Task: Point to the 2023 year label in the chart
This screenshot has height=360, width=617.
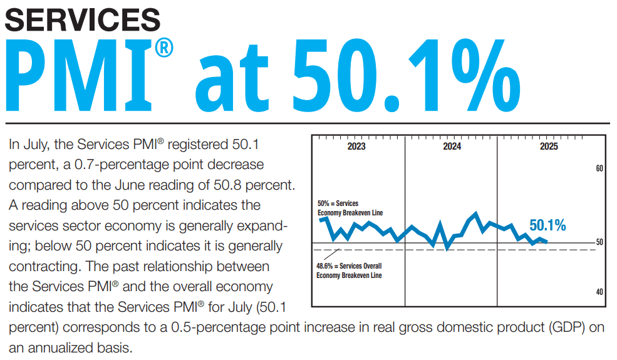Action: pos(356,147)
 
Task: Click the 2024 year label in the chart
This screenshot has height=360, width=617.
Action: pos(452,147)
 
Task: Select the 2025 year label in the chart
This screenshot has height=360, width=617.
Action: pos(549,147)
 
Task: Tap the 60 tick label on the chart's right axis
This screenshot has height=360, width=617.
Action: pos(599,168)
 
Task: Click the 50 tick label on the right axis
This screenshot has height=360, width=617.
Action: pos(599,242)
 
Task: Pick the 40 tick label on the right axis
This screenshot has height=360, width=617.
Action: pos(599,292)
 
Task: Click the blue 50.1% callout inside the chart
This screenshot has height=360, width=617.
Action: pos(547,225)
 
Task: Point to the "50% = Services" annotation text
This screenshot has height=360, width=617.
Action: pos(338,203)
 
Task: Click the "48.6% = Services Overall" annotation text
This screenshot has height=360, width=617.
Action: pos(349,266)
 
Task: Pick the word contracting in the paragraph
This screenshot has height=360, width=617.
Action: pos(43,267)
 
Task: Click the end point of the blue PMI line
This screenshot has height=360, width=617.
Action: pos(547,242)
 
